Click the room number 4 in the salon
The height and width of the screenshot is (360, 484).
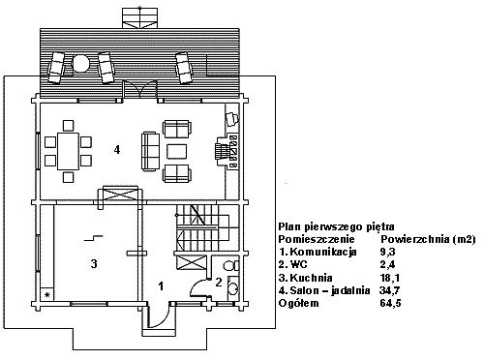pos(117,150)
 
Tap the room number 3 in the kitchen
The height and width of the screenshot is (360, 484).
pos(94,264)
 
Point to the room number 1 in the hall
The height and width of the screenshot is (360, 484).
pos(161,285)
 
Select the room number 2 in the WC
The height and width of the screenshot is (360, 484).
pos(219,283)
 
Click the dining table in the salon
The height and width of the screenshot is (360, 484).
pos(68,151)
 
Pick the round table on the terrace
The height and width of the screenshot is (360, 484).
pos(79,64)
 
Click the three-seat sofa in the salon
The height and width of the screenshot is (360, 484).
pos(150,151)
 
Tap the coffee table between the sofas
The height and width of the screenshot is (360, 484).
pos(176,152)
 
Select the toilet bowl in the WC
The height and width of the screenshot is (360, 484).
pos(230,266)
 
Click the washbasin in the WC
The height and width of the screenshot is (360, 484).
pos(232,287)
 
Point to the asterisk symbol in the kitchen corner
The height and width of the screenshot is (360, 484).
pos(47,295)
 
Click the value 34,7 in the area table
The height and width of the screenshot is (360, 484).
pos(389,290)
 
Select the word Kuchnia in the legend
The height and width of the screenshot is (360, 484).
pos(311,278)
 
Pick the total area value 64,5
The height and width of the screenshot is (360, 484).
pos(390,303)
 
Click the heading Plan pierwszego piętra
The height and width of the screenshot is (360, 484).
pos(336,227)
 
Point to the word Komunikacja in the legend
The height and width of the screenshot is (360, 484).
pos(323,252)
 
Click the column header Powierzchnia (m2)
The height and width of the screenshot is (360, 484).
pos(428,239)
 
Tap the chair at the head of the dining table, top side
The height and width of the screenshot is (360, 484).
pos(68,125)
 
